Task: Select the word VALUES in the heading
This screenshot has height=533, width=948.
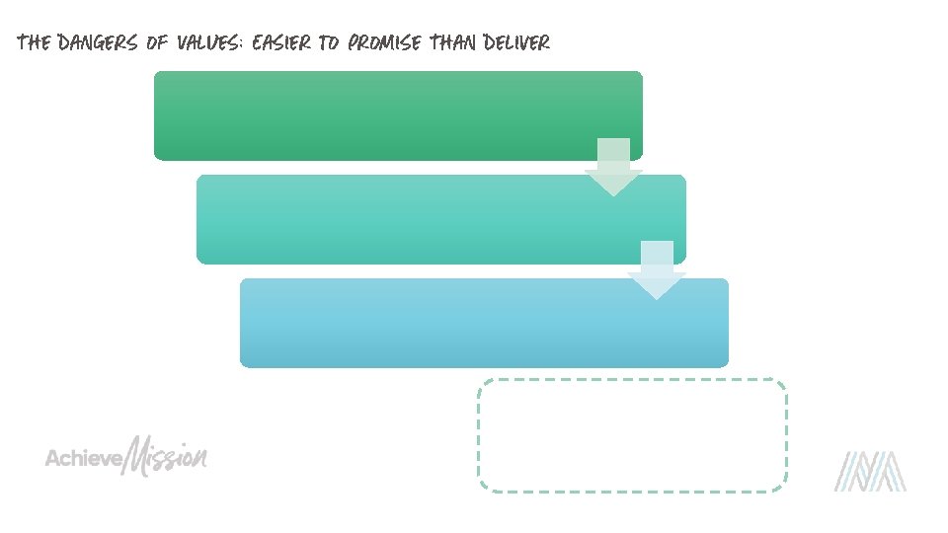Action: pyautogui.click(x=212, y=42)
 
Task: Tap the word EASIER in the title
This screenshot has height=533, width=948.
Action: pyautogui.click(x=280, y=42)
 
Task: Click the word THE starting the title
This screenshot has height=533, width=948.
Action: pyautogui.click(x=35, y=42)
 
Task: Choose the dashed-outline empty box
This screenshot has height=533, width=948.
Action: pyautogui.click(x=632, y=435)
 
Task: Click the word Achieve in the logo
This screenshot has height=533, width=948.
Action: pyautogui.click(x=83, y=459)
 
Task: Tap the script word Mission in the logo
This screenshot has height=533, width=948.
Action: pyautogui.click(x=170, y=456)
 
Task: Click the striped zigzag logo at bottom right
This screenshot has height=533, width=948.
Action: pyautogui.click(x=869, y=471)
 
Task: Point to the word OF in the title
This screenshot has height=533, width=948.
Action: pyautogui.click(x=158, y=42)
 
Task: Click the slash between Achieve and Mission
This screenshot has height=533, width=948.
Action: pyautogui.click(x=125, y=456)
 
